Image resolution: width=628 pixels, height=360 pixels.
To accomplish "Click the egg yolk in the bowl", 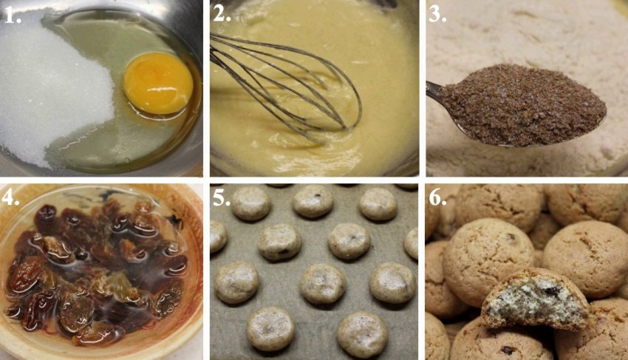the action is [158, 83].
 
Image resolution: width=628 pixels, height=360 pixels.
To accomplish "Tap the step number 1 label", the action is [13, 16].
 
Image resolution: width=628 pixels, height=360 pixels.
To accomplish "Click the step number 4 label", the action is [10, 197].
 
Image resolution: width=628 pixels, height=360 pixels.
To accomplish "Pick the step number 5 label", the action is [222, 197].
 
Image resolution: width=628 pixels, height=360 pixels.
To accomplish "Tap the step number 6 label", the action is [437, 197].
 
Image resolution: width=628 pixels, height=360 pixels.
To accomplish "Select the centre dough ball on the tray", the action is [323, 284].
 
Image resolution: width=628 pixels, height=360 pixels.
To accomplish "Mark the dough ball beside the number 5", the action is [251, 203].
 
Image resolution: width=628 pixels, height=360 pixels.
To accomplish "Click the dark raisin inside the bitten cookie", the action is [550, 291].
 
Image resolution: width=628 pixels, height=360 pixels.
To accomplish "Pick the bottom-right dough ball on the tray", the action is [363, 335].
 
